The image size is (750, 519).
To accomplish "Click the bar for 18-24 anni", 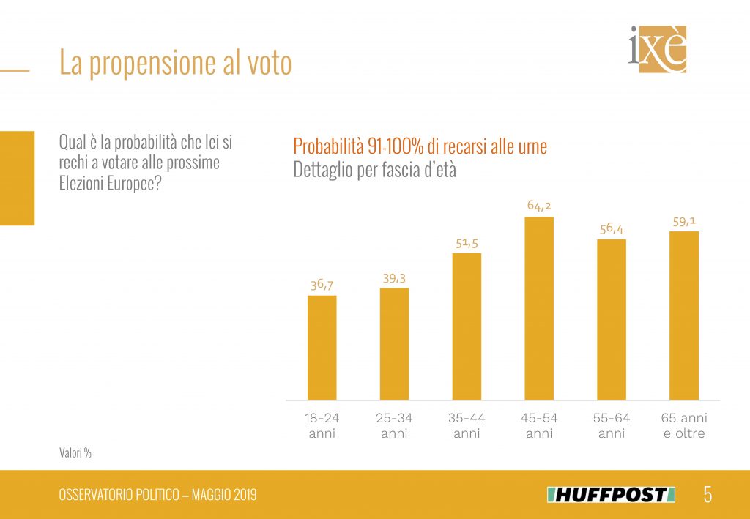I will tap(322, 348).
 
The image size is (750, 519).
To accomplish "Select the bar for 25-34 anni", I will tap(394, 344).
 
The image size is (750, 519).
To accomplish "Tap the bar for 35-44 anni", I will tap(467, 326).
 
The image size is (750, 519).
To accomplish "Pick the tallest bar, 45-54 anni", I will tap(539, 308).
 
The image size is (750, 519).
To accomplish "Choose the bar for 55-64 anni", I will tap(612, 319).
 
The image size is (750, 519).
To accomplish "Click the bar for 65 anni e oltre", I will tap(684, 315).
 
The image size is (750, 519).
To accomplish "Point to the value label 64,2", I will tap(539, 206).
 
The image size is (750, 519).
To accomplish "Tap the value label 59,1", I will tap(684, 220).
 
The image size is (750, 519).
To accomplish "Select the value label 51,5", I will tap(467, 242).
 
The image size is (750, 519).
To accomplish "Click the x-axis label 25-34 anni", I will tap(394, 425).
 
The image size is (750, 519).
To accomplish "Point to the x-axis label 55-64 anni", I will tap(612, 425).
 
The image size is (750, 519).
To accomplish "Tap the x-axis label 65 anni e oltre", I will tap(684, 425).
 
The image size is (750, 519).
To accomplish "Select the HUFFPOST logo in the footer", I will tap(610, 495).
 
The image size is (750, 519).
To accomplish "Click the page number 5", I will tap(708, 495).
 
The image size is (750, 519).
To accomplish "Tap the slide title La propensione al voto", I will tap(176, 64).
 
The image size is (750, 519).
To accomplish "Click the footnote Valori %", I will tap(75, 453).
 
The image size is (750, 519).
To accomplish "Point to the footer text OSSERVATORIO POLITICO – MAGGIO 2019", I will tap(157, 496).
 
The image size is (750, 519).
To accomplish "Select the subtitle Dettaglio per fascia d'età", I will tap(374, 170).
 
